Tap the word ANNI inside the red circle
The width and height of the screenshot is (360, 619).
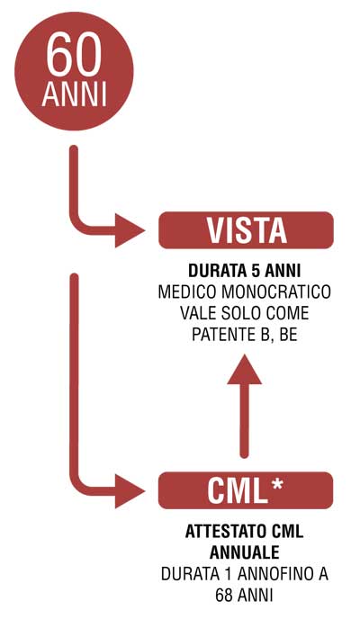coord(74,94)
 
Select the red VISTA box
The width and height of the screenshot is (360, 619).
coord(246,230)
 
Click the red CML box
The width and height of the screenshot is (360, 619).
coord(246,490)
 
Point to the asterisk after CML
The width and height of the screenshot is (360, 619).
coord(277,484)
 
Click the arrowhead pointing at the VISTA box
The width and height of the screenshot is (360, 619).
coord(130,230)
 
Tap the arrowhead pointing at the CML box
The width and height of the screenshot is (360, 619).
coord(130,491)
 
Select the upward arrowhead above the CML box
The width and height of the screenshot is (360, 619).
coord(245,369)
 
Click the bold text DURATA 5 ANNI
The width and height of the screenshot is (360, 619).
coord(245,272)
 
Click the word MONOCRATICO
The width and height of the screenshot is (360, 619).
coord(276,292)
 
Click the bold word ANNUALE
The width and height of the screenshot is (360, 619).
coord(245,552)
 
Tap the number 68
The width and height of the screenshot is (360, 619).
coord(224,595)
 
